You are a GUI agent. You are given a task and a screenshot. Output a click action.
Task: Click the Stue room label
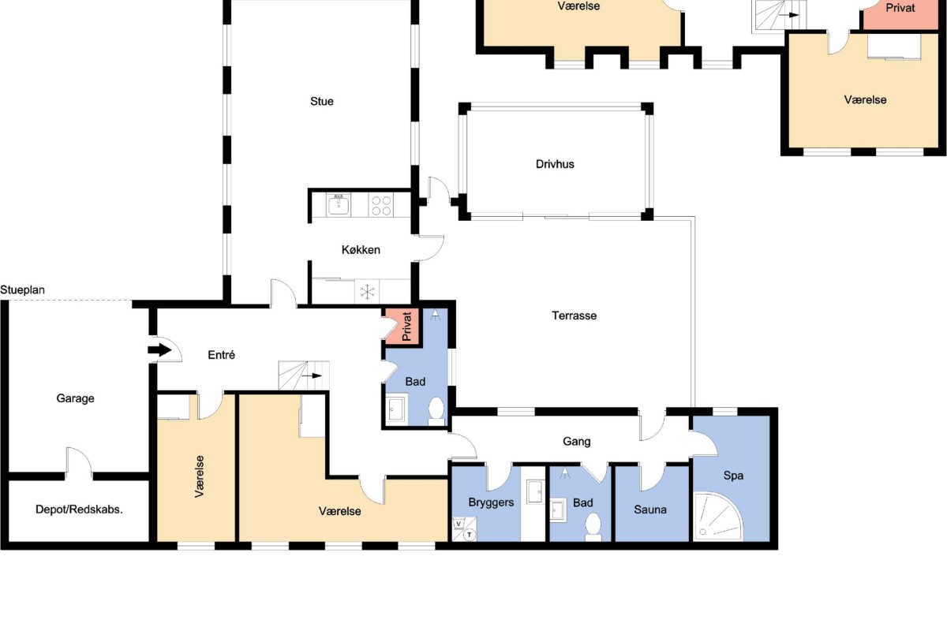click(322, 102)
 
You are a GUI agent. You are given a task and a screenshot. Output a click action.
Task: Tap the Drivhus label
click(555, 164)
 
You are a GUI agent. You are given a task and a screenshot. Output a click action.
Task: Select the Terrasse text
click(575, 315)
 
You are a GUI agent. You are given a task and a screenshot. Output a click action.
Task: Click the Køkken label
click(361, 250)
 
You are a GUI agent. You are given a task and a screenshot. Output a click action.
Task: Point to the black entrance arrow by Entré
click(159, 350)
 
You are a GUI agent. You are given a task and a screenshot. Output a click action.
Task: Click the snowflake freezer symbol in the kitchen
click(367, 292)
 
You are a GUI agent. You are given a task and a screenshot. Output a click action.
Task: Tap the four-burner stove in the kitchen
click(381, 205)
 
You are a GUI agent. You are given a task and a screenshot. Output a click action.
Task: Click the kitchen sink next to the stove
click(339, 205)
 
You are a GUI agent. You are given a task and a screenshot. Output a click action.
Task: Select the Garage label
click(75, 398)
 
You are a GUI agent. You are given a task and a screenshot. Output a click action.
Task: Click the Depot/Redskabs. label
click(79, 510)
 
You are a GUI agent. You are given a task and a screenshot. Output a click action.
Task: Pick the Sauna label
click(650, 510)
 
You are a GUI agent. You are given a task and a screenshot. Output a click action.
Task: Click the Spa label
click(733, 476)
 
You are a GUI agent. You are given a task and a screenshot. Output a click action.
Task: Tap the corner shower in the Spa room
click(717, 517)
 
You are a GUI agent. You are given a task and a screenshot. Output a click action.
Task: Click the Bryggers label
click(491, 502)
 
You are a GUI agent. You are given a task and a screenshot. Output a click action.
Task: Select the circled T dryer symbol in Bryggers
click(470, 535)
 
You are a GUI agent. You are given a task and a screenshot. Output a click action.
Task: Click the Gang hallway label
click(577, 442)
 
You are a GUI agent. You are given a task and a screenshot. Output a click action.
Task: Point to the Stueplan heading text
click(22, 290)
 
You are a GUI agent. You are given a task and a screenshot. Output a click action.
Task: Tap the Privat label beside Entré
click(406, 327)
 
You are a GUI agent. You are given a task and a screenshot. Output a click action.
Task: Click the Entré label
click(221, 355)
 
